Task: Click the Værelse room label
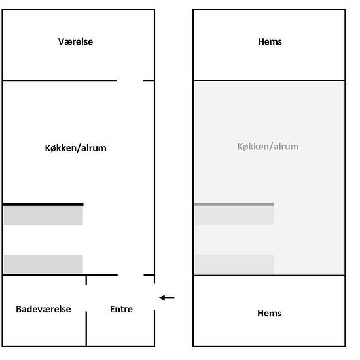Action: point(75,41)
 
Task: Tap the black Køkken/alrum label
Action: point(75,148)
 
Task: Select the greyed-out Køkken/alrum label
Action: point(268,147)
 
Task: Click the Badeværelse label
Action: point(43,309)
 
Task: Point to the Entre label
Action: point(121,309)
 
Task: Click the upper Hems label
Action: point(270,41)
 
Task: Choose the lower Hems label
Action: point(269,313)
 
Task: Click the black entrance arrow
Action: point(167,298)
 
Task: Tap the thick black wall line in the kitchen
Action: point(43,204)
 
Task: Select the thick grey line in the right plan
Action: point(234,204)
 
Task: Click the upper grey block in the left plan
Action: point(43,215)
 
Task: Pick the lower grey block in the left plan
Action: point(43,264)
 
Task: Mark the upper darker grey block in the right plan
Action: point(234,215)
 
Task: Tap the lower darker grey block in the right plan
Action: point(234,264)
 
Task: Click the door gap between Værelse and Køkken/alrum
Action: point(130,81)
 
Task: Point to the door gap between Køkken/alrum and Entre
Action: point(131,275)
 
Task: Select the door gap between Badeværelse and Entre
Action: point(86,298)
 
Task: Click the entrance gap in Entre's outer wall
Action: point(154,297)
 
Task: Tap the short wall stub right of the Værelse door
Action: point(149,81)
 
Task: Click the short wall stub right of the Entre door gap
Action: point(149,275)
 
